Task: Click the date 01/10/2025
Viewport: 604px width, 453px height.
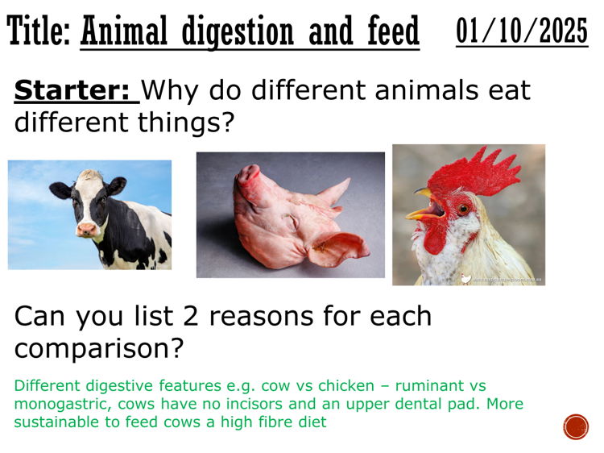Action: [x=522, y=31]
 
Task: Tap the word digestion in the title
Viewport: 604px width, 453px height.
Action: [x=238, y=33]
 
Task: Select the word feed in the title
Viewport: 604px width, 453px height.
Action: [x=390, y=33]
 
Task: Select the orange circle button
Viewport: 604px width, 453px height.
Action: [x=576, y=426]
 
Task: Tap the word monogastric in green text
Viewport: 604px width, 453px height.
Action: [x=57, y=404]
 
